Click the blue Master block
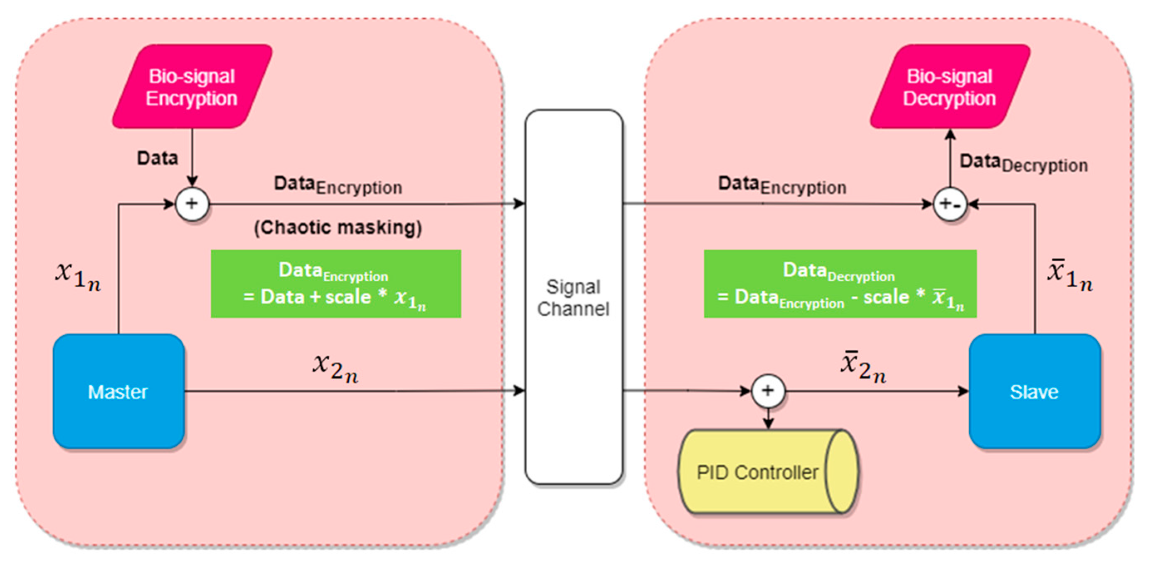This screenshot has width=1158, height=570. pyautogui.click(x=118, y=391)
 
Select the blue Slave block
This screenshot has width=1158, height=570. pyautogui.click(x=1034, y=391)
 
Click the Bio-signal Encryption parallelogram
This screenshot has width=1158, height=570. pyautogui.click(x=192, y=87)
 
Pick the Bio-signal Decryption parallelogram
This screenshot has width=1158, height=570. pyautogui.click(x=949, y=87)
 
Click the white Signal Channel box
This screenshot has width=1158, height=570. pyautogui.click(x=574, y=297)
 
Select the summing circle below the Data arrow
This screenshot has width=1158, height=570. pyautogui.click(x=192, y=204)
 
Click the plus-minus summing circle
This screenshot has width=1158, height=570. pyautogui.click(x=950, y=204)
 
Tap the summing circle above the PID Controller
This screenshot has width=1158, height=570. pyautogui.click(x=768, y=391)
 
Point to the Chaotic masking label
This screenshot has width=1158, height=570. pyautogui.click(x=338, y=227)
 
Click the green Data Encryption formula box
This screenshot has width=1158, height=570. pyautogui.click(x=335, y=284)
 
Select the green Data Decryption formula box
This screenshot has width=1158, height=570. pyautogui.click(x=840, y=284)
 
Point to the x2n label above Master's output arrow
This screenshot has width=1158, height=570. pyautogui.click(x=335, y=368)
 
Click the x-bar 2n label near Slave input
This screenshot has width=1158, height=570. pyautogui.click(x=863, y=367)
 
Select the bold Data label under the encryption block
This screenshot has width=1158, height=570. pyautogui.click(x=158, y=159)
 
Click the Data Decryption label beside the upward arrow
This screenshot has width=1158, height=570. pyautogui.click(x=1024, y=164)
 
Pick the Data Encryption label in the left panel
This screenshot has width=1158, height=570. pyautogui.click(x=338, y=185)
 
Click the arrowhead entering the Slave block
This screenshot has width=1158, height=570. pyautogui.click(x=964, y=391)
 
